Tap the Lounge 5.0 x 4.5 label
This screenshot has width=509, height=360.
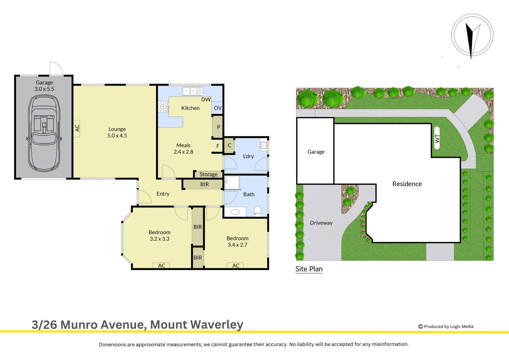117,132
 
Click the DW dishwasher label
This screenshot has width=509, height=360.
206,99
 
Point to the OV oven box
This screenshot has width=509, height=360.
218,108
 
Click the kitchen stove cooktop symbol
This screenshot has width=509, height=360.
163,107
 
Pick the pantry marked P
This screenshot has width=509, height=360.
218,127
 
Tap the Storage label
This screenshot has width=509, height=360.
209,174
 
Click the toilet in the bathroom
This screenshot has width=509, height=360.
257,211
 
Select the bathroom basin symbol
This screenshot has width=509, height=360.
235,212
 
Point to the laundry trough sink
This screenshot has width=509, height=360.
263,146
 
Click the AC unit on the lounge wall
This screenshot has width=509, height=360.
77,128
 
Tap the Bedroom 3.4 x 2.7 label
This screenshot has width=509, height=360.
237,242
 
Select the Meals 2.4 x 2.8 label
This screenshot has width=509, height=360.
183,149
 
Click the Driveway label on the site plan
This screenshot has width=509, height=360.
321,223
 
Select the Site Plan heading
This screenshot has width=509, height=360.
309,269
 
